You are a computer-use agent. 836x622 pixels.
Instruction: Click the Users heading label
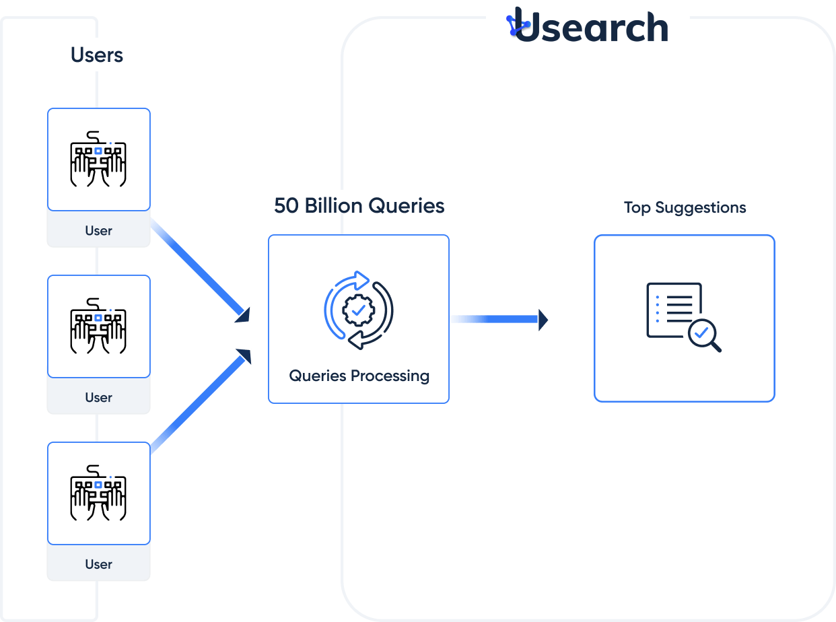97,55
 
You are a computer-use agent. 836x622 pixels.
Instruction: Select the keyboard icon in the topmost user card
98,159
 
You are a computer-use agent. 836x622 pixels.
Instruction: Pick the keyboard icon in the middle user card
98,326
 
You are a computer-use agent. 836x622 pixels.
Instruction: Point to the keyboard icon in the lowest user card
98,493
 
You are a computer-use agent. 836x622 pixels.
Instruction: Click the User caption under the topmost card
98,231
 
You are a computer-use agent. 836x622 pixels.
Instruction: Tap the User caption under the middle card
98,398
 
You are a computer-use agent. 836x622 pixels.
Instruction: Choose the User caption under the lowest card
98,565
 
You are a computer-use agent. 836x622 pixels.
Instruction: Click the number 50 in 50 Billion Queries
287,205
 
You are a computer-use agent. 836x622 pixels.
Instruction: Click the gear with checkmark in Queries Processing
358,310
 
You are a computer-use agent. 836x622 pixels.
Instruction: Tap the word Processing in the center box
392,376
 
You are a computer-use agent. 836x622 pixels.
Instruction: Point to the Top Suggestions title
685,207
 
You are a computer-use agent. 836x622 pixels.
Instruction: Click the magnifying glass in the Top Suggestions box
704,335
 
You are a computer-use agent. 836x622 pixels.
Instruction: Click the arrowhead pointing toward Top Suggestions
543,319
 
